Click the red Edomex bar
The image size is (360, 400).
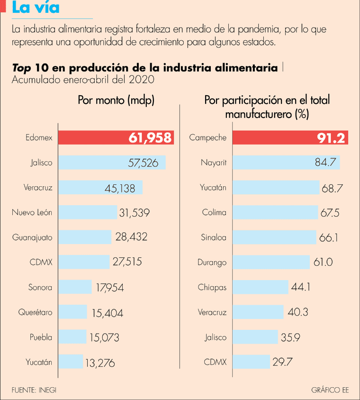pos(116,138)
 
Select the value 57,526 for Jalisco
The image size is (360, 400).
pos(143,163)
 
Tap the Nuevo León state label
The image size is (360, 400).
pos(32,212)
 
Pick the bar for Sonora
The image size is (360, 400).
pos(74,287)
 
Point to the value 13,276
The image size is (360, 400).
pos(99,364)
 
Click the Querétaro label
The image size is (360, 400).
pos(36,312)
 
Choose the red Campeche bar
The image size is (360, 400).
pos(290,138)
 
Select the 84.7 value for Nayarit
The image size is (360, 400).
pos(325,163)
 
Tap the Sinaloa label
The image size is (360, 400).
pos(212,237)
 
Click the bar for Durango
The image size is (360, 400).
pos(271,262)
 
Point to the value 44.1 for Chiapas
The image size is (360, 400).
pos(301,287)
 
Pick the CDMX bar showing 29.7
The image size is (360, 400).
pos(251,362)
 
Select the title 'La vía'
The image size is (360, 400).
pos(36,8)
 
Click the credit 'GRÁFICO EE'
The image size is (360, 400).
pos(330,390)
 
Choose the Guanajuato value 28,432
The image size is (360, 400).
pos(131,237)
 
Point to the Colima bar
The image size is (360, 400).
pos(275,212)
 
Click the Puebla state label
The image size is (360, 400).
pos(41,337)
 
